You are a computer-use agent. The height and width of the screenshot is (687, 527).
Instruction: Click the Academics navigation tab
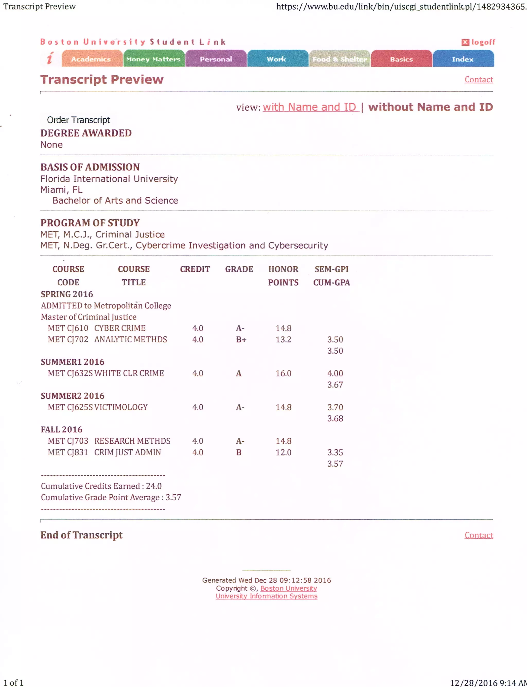(91, 59)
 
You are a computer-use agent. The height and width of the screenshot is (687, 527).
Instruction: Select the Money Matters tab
(153, 59)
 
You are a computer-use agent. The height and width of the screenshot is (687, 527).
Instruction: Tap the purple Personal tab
(216, 59)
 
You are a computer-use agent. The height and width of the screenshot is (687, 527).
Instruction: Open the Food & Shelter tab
(339, 59)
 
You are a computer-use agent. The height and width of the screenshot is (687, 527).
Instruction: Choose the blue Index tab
(463, 59)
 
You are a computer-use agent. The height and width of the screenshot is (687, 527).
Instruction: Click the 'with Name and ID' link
(310, 107)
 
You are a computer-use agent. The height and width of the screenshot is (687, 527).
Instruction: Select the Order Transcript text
(78, 120)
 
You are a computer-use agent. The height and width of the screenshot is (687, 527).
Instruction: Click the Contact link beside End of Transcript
(479, 535)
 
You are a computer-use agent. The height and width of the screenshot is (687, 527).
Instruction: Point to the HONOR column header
(283, 269)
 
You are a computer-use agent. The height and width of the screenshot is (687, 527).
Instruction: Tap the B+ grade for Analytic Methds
(241, 339)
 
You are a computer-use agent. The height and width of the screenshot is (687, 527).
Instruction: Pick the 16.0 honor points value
(283, 373)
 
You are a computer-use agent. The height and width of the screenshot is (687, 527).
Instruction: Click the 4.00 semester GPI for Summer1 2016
(335, 373)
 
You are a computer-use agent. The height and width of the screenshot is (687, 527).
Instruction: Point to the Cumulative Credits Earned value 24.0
(154, 486)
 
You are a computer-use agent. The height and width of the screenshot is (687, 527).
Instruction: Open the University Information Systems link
(266, 596)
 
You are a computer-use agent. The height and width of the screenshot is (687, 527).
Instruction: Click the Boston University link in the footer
(289, 588)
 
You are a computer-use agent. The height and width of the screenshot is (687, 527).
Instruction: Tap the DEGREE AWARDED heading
(86, 133)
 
